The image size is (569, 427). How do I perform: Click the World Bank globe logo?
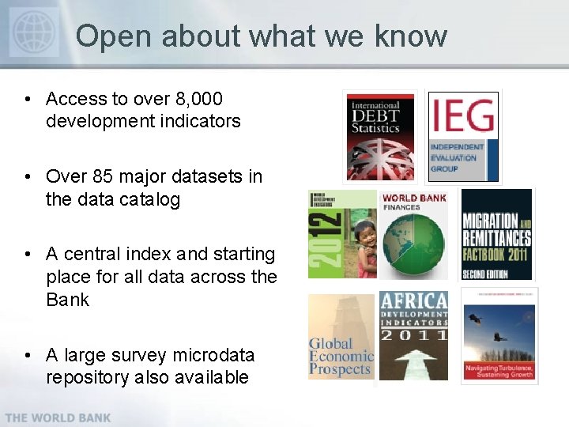[34, 32]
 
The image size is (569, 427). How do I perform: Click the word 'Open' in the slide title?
[107, 36]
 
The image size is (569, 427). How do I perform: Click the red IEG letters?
[463, 116]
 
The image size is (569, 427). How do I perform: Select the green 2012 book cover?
[341, 234]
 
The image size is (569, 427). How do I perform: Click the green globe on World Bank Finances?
[414, 244]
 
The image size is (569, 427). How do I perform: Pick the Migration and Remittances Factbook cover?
[496, 234]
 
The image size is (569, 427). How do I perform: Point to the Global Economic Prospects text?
[340, 356]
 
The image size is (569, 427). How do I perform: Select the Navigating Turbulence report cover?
[498, 336]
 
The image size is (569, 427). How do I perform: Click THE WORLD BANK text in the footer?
[58, 417]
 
